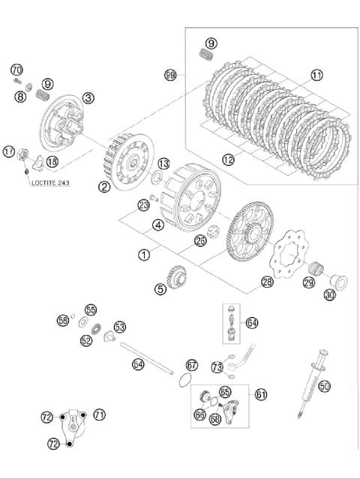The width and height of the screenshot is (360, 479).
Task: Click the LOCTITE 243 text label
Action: pyautogui.click(x=50, y=183)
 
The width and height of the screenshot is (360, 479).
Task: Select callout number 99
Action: pyautogui.click(x=170, y=74)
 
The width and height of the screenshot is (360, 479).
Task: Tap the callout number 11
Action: pyautogui.click(x=317, y=75)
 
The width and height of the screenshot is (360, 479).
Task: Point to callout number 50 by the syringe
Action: pyautogui.click(x=324, y=386)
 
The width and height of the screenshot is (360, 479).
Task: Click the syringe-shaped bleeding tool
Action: pyautogui.click(x=312, y=384)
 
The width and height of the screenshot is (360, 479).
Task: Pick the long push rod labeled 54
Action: pyautogui.click(x=147, y=358)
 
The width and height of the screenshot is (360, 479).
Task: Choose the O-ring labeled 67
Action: pyautogui.click(x=185, y=380)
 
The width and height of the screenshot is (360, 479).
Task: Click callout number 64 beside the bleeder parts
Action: pyautogui.click(x=252, y=322)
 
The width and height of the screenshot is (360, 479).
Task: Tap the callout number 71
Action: pyautogui.click(x=99, y=415)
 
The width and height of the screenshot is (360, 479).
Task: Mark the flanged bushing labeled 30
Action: pyautogui.click(x=338, y=283)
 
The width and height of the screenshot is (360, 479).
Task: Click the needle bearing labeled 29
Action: pyautogui.click(x=316, y=268)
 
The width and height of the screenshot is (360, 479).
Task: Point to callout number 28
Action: pyautogui.click(x=267, y=282)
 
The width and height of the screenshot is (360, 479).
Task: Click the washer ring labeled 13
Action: pyautogui.click(x=157, y=177)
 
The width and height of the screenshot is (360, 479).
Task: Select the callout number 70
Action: pyautogui.click(x=16, y=70)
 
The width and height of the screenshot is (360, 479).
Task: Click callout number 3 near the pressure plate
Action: pyautogui.click(x=88, y=98)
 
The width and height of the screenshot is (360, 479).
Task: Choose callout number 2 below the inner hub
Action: pyautogui.click(x=104, y=187)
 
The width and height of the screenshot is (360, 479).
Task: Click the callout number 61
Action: pyautogui.click(x=261, y=395)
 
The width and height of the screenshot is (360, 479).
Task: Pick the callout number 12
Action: pyautogui.click(x=229, y=160)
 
